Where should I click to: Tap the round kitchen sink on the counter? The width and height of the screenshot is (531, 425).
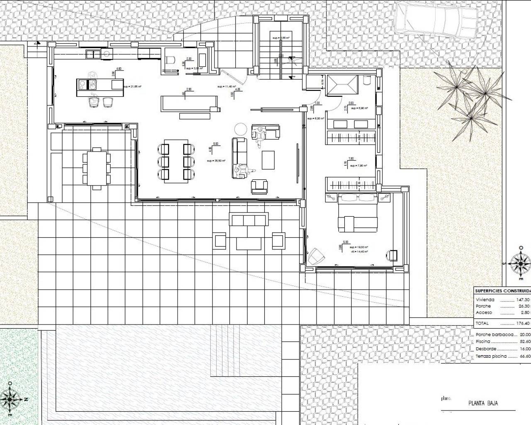pyautogui.click(x=106, y=53)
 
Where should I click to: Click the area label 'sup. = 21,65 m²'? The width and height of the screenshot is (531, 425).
pyautogui.click(x=132, y=87)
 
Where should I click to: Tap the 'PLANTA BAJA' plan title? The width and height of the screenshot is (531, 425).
pyautogui.click(x=483, y=403)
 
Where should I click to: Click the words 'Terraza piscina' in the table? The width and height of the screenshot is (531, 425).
pyautogui.click(x=491, y=356)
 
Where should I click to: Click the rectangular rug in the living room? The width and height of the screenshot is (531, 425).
pyautogui.click(x=268, y=160)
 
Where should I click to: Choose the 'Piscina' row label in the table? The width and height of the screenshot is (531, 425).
pyautogui.click(x=483, y=342)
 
